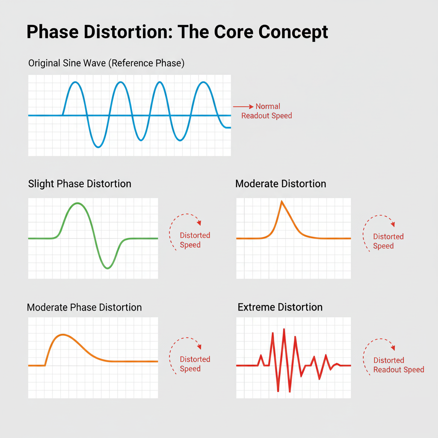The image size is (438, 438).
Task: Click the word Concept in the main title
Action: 293,32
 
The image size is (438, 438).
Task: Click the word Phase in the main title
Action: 53,32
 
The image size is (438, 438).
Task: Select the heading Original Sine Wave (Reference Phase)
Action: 106,63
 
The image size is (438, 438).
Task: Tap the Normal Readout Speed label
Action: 267,111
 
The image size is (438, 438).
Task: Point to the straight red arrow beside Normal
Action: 243,107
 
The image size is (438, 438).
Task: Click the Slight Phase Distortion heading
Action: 80,184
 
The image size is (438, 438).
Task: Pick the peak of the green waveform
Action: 77,203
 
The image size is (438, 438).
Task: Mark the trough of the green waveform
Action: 107,268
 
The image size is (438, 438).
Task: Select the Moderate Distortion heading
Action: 281,184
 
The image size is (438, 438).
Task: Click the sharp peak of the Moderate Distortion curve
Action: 282,201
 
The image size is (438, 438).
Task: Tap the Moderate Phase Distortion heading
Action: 84,307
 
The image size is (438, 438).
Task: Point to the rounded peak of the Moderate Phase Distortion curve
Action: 63,334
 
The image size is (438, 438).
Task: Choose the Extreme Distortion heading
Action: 280,307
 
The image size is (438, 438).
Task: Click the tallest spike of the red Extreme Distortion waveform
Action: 284,329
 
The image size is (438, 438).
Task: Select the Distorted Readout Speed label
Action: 399,365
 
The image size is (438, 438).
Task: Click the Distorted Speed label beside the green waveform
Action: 195,240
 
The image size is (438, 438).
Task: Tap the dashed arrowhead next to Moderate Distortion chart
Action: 393,224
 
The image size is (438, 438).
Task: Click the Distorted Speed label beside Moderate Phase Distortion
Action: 195,364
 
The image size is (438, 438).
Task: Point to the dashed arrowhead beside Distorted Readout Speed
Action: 393,347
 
